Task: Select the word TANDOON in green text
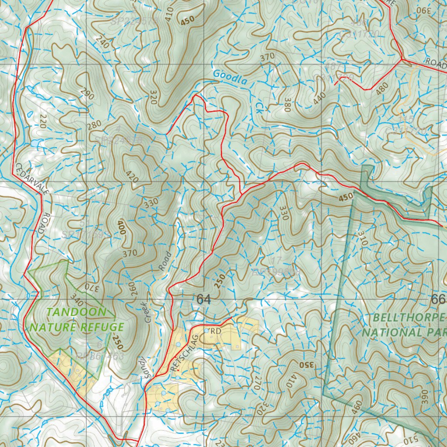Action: click(76, 312)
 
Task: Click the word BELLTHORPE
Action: click(409, 317)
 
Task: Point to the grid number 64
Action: click(203, 299)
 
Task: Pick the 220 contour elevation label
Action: click(43, 121)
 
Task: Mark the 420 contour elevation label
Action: click(132, 175)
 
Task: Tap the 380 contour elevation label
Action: click(286, 104)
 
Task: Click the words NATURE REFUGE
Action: click(76, 327)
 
